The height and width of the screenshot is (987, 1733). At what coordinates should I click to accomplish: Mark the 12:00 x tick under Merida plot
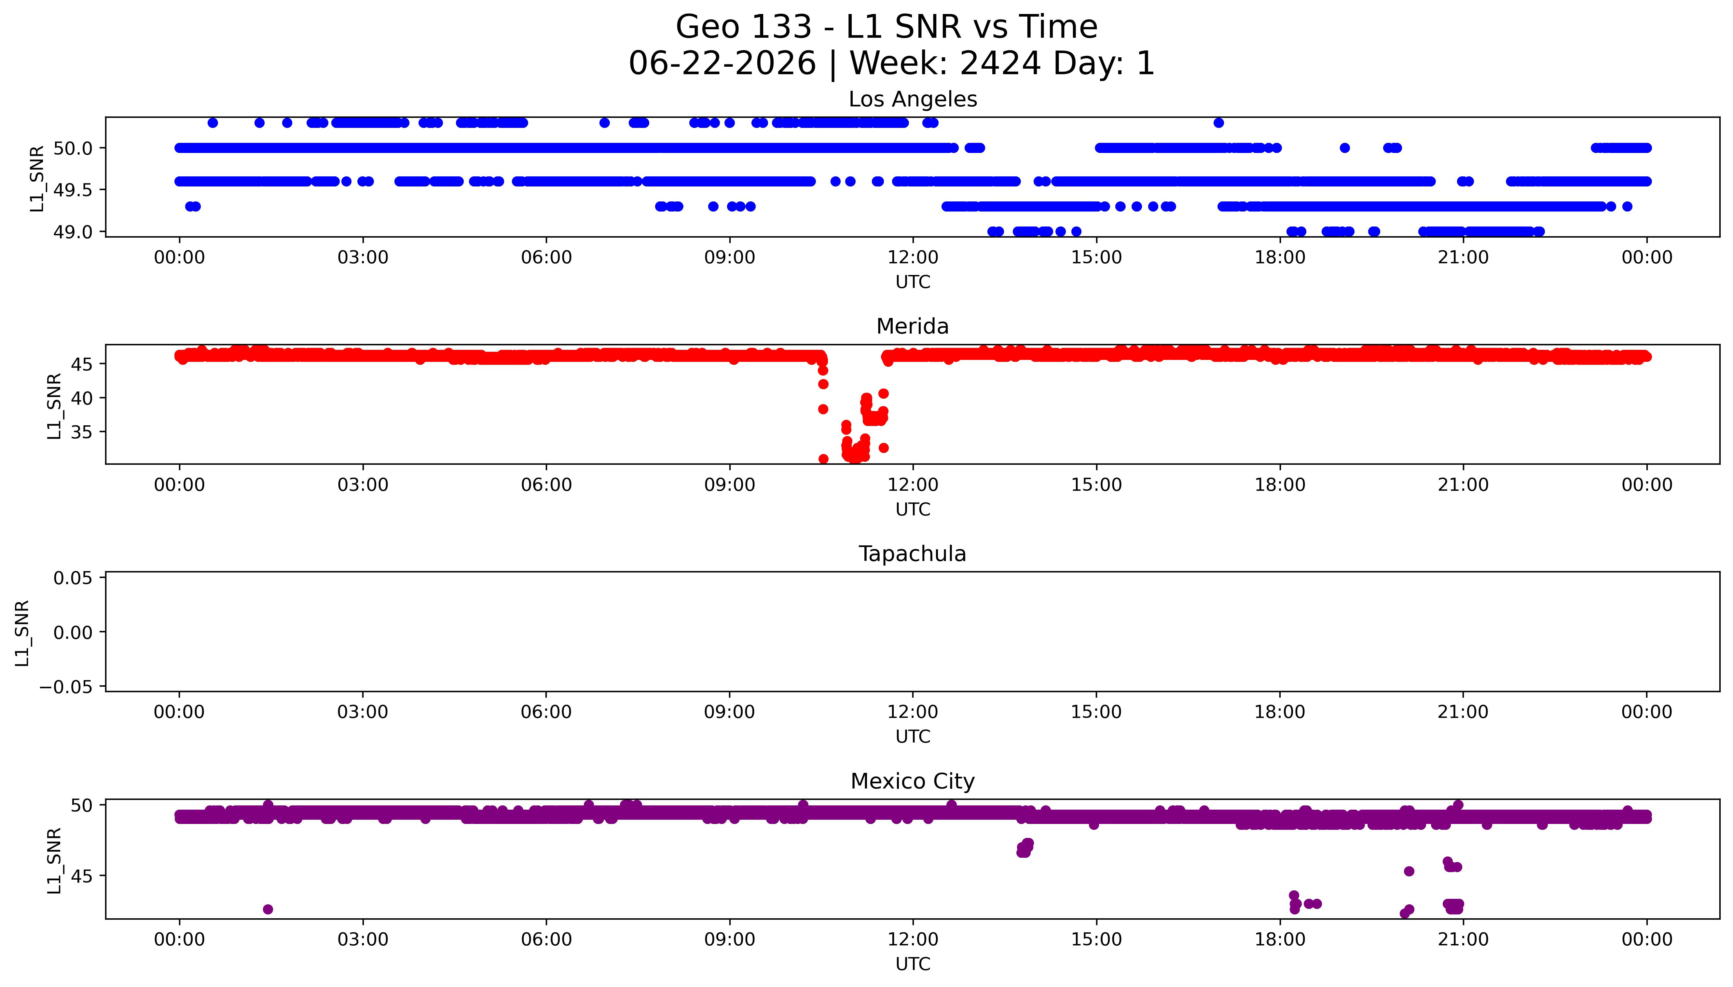pyautogui.click(x=913, y=485)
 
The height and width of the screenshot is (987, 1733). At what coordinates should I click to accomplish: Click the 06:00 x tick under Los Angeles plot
pyautogui.click(x=546, y=258)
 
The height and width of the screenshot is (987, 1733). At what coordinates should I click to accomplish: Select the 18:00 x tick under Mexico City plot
pyautogui.click(x=1280, y=939)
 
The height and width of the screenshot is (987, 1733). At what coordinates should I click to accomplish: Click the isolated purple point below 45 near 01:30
pyautogui.click(x=268, y=909)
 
